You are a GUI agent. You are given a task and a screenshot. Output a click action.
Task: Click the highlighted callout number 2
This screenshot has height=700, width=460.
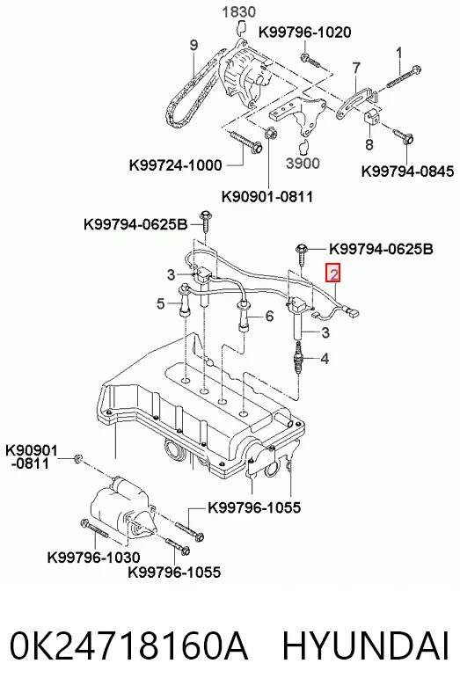pyautogui.click(x=333, y=273)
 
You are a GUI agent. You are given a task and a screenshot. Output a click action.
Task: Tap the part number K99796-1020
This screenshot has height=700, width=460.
pyautogui.click(x=305, y=33)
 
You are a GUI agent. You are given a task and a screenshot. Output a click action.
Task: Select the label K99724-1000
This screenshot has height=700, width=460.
pyautogui.click(x=176, y=165)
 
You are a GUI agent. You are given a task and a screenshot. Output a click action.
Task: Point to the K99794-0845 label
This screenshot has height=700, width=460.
pyautogui.click(x=407, y=171)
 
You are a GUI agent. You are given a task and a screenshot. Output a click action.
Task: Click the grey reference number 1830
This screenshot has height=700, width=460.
pyautogui.click(x=239, y=12)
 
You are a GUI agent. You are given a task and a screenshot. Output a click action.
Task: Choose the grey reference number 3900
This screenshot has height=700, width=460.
pyautogui.click(x=303, y=163)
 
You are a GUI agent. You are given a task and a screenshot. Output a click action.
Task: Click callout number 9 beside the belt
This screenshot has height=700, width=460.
pyautogui.click(x=193, y=45)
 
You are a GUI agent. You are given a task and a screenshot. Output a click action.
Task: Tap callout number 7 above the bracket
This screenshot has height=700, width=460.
pyautogui.click(x=356, y=69)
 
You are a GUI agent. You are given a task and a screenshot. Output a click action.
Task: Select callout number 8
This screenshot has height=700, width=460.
pyautogui.click(x=369, y=144)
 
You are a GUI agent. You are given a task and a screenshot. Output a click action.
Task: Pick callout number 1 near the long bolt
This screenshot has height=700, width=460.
pyautogui.click(x=398, y=53)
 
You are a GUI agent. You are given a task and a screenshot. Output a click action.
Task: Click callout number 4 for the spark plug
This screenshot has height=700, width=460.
pyautogui.click(x=325, y=358)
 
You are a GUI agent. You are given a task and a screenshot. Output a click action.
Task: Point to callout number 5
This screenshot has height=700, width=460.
pyautogui.click(x=161, y=304)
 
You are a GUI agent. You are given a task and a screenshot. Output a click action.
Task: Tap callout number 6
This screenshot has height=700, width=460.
pyautogui.click(x=269, y=316)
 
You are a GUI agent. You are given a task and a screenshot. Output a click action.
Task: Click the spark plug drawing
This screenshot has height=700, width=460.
pyautogui.click(x=298, y=356)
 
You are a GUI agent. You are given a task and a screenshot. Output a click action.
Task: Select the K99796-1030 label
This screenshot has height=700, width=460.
pyautogui.click(x=94, y=558)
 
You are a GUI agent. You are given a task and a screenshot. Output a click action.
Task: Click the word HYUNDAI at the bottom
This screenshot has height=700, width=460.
pyautogui.click(x=365, y=645)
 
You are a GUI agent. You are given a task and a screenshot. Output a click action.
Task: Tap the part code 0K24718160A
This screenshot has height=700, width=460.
pyautogui.click(x=128, y=645)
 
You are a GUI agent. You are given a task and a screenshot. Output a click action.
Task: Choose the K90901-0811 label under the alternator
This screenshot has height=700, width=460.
pyautogui.click(x=267, y=196)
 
